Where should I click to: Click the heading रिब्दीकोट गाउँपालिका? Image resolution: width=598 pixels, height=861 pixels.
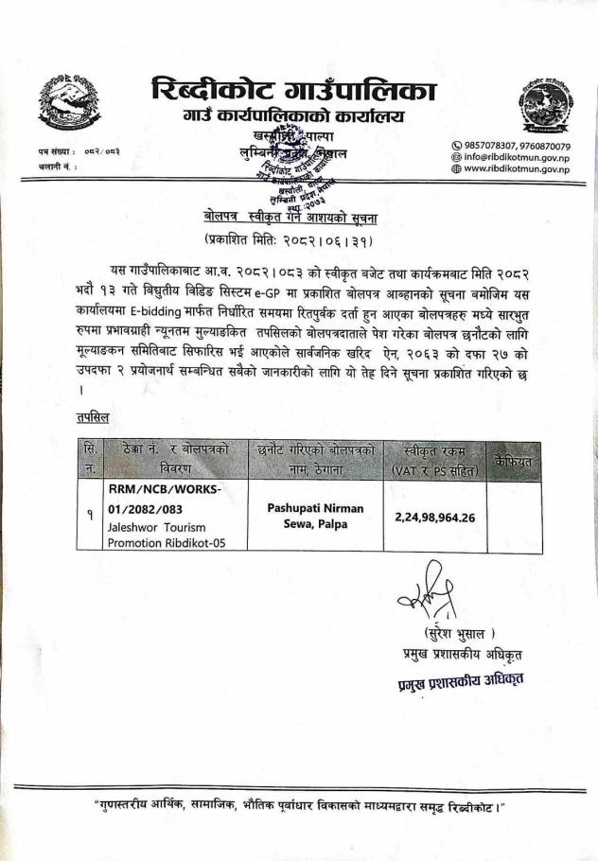(x=294, y=91)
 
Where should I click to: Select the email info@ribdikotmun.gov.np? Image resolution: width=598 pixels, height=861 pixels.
(x=510, y=158)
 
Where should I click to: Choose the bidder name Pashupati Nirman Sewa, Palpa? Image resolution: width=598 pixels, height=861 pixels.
(x=315, y=516)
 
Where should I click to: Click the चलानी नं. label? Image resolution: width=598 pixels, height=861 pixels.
(x=58, y=166)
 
